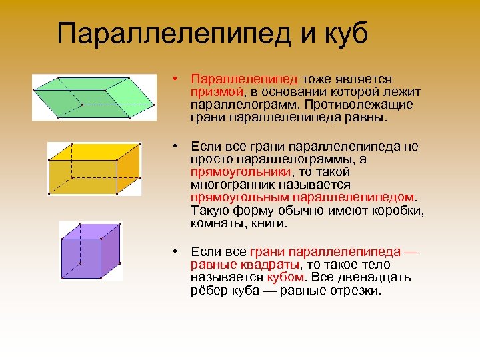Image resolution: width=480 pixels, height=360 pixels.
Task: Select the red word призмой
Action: pyautogui.click(x=216, y=92)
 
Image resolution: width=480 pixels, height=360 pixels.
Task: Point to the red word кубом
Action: pyautogui.click(x=285, y=277)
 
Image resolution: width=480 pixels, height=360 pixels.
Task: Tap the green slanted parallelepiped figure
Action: pyautogui.click(x=93, y=97)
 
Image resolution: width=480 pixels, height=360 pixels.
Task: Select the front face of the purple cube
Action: pyautogui.click(x=79, y=256)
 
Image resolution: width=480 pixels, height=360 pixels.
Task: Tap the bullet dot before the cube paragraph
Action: pyautogui.click(x=173, y=251)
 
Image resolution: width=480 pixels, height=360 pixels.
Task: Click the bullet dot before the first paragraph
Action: pyautogui.click(x=173, y=79)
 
